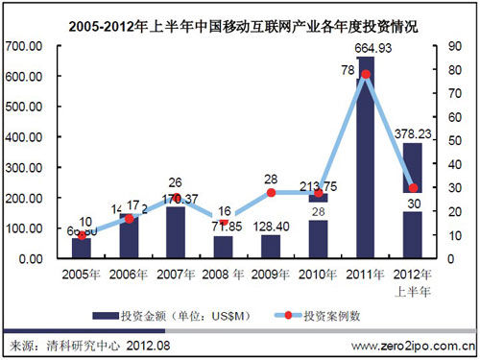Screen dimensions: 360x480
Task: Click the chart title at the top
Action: pos(240,15)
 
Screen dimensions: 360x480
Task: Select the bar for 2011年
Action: pos(365,163)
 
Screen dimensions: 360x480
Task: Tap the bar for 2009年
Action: pos(271,246)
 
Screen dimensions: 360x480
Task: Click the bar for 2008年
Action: pos(224,247)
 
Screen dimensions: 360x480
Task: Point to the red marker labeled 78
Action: pos(365,74)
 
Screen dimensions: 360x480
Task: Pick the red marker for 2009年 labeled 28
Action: pos(271,193)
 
